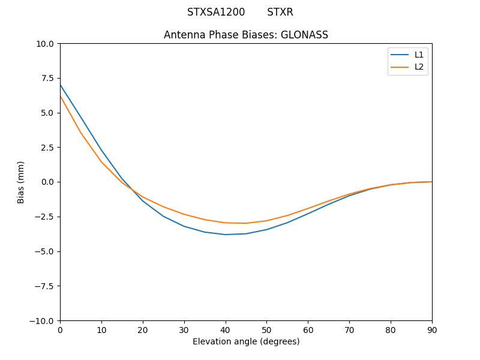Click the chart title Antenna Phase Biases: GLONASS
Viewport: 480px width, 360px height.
(x=246, y=35)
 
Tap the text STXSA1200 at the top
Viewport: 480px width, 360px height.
(x=216, y=12)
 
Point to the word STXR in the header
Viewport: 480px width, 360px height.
(x=280, y=12)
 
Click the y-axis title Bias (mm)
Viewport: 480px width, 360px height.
(x=21, y=182)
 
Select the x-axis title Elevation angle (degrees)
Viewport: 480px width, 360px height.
(x=246, y=341)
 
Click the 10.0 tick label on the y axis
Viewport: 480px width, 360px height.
(x=44, y=43)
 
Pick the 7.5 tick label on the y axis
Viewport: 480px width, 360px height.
(x=47, y=78)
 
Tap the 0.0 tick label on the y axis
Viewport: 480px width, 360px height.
(x=47, y=182)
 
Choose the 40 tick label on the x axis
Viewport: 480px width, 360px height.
(x=226, y=330)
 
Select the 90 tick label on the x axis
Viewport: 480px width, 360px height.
(x=432, y=330)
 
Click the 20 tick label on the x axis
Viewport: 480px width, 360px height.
(x=143, y=330)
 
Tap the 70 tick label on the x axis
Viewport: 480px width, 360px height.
(x=349, y=330)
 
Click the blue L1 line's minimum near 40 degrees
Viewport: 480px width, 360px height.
(x=226, y=235)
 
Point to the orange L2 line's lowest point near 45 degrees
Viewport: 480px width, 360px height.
(x=246, y=223)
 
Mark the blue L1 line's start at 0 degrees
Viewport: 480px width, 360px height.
(x=61, y=85)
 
